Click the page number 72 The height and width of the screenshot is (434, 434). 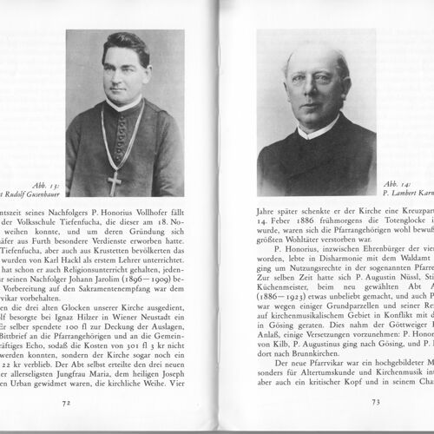[65, 402]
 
